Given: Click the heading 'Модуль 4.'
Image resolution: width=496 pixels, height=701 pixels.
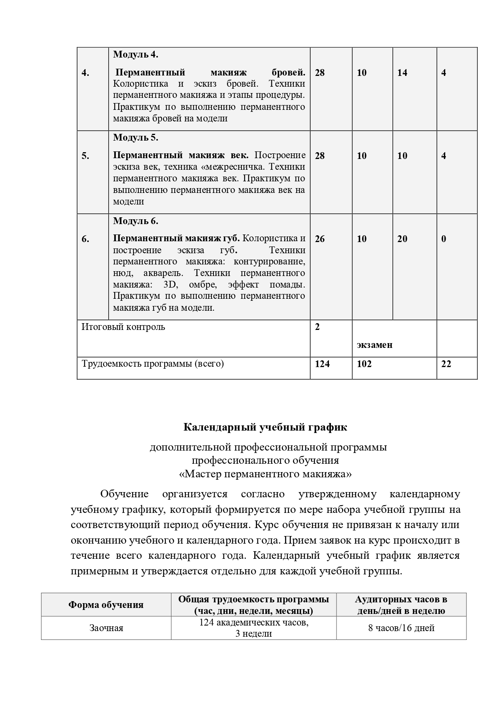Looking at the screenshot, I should click(x=136, y=54).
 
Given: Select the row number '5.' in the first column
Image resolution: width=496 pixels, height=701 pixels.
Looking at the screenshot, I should click(x=86, y=156).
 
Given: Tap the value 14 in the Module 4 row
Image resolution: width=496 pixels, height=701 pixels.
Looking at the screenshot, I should click(x=402, y=73).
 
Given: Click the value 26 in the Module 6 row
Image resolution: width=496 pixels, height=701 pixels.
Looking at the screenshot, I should click(x=320, y=239).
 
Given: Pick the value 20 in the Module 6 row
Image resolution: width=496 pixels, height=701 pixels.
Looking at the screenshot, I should click(x=402, y=239).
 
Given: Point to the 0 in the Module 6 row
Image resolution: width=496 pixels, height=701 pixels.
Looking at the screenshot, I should click(x=444, y=239).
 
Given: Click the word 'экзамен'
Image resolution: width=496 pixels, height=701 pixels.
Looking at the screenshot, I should click(x=374, y=345).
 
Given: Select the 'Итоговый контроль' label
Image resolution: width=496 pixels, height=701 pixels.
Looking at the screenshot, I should click(x=123, y=327).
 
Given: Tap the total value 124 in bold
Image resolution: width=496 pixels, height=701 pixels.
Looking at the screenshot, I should click(x=322, y=364).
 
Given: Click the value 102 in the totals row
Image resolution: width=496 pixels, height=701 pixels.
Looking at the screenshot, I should click(x=364, y=364).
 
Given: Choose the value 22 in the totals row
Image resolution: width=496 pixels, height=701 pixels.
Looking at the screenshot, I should click(x=446, y=364).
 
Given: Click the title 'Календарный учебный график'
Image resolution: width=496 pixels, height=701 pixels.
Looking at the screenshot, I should click(x=265, y=427).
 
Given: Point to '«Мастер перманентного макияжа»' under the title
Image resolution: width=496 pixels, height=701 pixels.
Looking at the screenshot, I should click(x=265, y=474).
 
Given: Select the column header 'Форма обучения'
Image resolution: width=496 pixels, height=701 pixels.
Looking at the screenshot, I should click(x=106, y=605).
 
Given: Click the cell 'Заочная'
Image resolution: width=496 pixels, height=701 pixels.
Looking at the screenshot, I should click(x=106, y=628).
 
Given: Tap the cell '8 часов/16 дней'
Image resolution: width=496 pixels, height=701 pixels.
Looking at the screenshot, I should click(x=401, y=628).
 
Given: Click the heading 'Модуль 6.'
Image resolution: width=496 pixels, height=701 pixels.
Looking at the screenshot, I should click(x=136, y=221).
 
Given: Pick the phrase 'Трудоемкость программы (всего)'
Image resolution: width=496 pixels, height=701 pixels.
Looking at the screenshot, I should click(x=153, y=364).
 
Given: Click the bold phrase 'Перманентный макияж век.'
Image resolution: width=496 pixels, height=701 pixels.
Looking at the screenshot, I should click(x=181, y=155).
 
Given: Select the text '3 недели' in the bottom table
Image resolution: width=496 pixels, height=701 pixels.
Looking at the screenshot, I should click(x=254, y=633).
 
